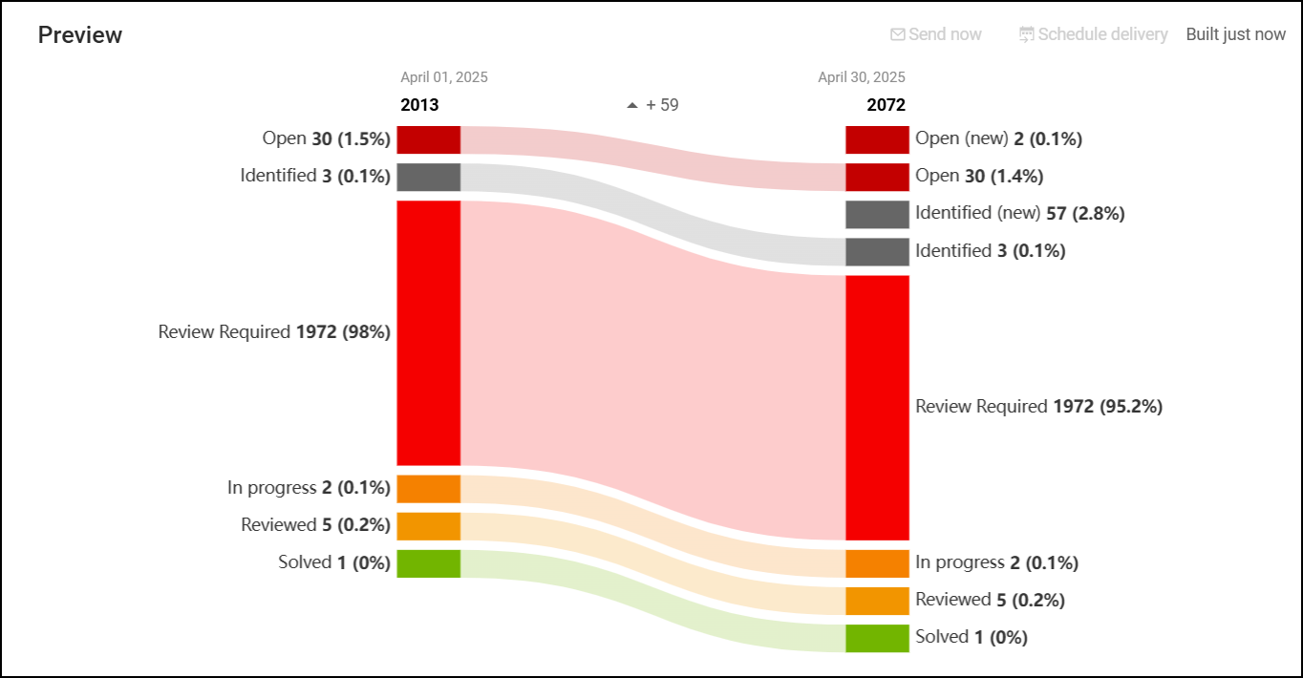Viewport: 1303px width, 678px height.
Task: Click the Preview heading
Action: (x=80, y=35)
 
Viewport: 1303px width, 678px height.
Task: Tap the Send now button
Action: (x=936, y=34)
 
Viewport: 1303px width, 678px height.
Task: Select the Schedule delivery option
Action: (x=1094, y=34)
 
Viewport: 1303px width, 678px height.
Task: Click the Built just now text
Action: (x=1235, y=34)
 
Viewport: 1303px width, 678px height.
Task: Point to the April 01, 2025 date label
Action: (x=443, y=77)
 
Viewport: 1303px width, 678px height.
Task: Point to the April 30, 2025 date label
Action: (x=861, y=77)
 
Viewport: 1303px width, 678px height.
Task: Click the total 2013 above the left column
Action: (x=419, y=105)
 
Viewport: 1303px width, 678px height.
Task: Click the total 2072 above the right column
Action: (x=886, y=105)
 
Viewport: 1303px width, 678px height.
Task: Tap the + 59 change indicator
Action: (x=653, y=105)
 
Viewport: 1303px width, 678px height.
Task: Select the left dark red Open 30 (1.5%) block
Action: (x=429, y=139)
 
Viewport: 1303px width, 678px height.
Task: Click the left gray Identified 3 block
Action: (x=429, y=177)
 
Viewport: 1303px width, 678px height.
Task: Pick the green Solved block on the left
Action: (x=429, y=563)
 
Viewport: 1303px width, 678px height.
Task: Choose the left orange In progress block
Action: (x=429, y=489)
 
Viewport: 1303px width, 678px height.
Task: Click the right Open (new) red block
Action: (x=877, y=139)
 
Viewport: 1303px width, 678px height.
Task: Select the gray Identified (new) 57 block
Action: (x=877, y=214)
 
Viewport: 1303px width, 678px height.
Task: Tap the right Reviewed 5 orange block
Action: (x=877, y=601)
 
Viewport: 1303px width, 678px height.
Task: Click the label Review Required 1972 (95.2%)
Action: (x=1038, y=407)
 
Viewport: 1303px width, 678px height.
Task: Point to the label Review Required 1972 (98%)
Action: (x=274, y=332)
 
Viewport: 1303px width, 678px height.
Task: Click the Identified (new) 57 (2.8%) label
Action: (x=1019, y=214)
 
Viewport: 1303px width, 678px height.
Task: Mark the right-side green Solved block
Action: (x=877, y=638)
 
